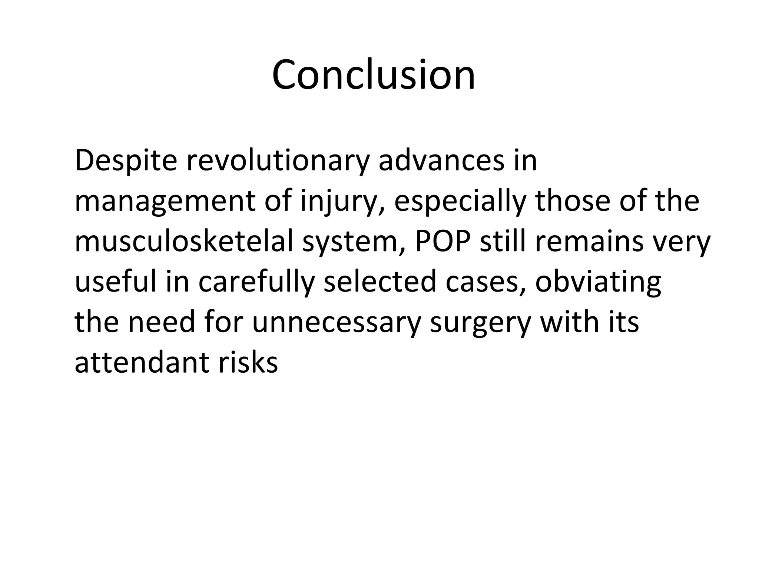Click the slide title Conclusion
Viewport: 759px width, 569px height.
373,76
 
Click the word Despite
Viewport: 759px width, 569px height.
126,161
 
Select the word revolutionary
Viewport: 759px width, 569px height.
278,161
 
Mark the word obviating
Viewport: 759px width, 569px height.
598,282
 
